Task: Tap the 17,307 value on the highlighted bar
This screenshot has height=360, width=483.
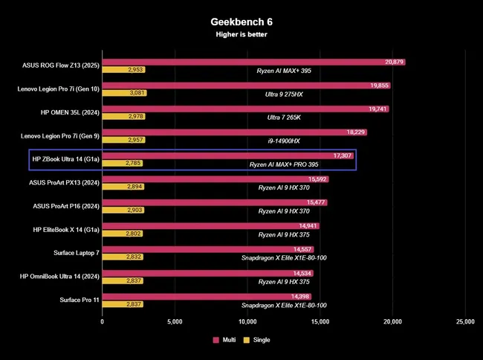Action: (343, 155)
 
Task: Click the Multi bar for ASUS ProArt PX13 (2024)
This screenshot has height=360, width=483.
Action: (215, 179)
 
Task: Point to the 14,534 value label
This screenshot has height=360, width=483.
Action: (302, 273)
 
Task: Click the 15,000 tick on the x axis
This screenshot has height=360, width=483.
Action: (320, 322)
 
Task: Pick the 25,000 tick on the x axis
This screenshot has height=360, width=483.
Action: (464, 322)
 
